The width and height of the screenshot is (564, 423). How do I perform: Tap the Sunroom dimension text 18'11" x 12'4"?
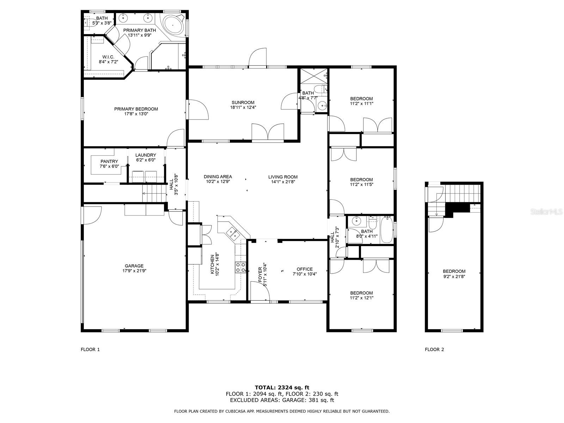[x=243, y=108]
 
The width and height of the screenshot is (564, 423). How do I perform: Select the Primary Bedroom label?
[x=136, y=109]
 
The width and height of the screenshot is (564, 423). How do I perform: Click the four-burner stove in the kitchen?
[x=240, y=267]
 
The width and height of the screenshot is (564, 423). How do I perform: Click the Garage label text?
[x=134, y=266]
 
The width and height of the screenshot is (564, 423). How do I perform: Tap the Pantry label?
[x=109, y=161]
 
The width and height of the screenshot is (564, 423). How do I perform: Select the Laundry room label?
[x=146, y=155]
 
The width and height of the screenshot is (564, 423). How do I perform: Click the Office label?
[x=305, y=269]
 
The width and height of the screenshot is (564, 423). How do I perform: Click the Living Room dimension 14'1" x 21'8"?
[x=283, y=182]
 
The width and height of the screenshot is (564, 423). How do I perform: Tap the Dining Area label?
[x=218, y=177]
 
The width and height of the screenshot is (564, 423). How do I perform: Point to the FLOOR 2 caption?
[x=434, y=350]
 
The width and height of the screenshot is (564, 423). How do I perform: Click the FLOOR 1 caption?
[x=90, y=350]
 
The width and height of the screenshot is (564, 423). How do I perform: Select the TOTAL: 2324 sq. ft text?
[x=282, y=388]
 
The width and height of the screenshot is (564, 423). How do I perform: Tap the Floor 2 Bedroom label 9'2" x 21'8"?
[x=454, y=274]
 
